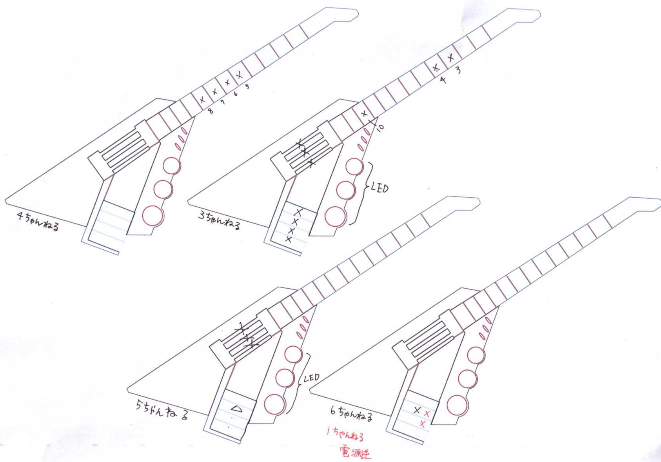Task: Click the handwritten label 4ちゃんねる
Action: (38, 222)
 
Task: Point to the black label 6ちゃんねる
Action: (351, 413)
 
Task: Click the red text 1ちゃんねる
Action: (345, 435)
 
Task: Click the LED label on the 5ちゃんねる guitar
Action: (311, 378)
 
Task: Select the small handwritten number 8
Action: (211, 111)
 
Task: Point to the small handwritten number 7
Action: (223, 102)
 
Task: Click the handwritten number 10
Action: (380, 127)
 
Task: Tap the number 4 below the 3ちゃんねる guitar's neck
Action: (443, 80)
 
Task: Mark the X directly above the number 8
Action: (202, 100)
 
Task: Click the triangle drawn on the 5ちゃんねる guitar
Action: (236, 409)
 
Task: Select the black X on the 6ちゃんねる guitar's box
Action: (417, 410)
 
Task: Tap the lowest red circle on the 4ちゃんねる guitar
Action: (153, 215)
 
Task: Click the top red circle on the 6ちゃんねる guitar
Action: (476, 356)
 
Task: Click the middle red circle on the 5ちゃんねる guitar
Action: (285, 378)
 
